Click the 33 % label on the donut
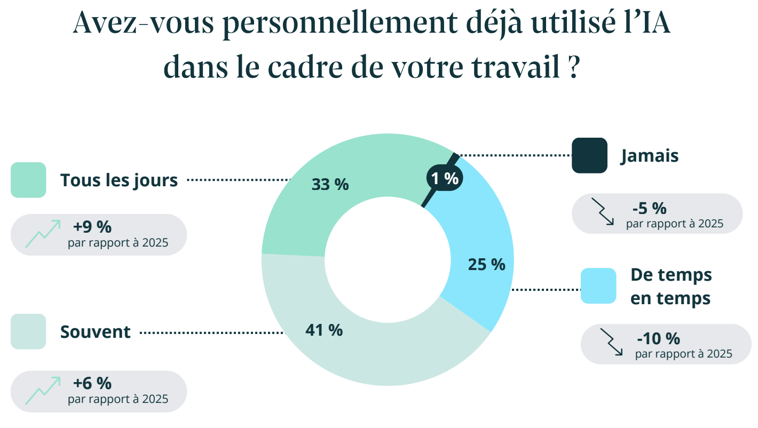330,185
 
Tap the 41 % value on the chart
324,330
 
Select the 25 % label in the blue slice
486,264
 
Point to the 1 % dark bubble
445,179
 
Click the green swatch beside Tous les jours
28,180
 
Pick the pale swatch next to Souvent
28,331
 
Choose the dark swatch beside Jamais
589,155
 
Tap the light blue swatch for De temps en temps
598,286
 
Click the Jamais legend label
649,156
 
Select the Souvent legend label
95,332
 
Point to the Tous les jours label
119,180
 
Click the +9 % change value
92,227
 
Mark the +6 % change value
92,383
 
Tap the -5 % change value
649,208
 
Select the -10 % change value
658,338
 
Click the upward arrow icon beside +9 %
43,234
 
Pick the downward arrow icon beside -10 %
612,342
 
